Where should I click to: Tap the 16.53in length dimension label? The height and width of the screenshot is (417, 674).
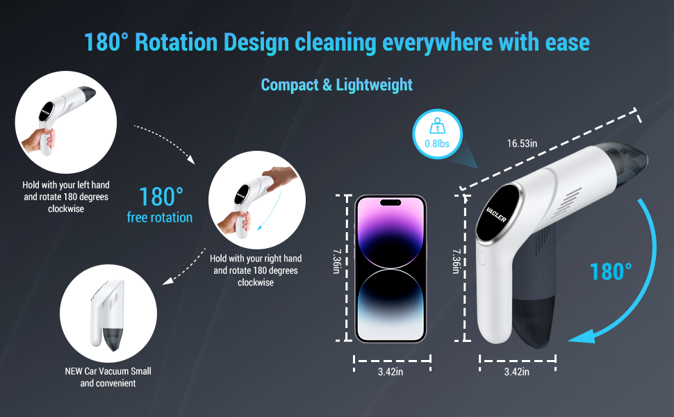(522, 144)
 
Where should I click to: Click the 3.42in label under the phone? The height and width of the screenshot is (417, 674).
(390, 372)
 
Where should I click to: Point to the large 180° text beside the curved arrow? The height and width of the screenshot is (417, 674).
(611, 271)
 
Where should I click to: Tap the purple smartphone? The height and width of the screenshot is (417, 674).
(390, 268)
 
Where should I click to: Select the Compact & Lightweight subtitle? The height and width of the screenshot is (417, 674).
(336, 85)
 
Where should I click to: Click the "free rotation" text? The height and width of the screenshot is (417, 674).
(159, 218)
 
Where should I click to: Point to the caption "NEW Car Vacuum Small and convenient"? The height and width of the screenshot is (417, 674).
(108, 377)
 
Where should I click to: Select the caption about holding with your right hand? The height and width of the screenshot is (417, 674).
(255, 270)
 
